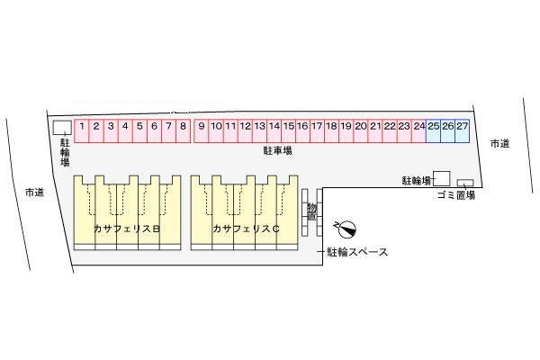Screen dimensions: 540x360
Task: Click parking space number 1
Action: coord(82,130)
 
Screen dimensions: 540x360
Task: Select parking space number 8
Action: coord(183,130)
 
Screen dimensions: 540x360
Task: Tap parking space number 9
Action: coord(201,130)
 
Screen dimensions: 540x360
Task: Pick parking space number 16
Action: coord(302,130)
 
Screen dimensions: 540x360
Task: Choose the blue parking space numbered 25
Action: coord(433,130)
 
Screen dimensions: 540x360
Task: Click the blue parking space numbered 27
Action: coord(463,130)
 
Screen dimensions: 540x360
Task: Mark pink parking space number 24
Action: coord(419,130)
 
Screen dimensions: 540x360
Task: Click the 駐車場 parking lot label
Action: coord(278,150)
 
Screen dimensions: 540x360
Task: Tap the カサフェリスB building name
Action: coord(127,229)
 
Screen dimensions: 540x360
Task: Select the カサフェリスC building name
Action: coord(246,229)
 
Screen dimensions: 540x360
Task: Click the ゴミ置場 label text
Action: coord(456,195)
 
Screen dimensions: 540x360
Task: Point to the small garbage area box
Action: coord(465,183)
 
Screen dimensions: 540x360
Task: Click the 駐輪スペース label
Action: coord(357,252)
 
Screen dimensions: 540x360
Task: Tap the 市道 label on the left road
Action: coord(34,193)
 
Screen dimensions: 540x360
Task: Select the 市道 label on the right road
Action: coord(500,144)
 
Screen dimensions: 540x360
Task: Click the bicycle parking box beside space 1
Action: coord(62,127)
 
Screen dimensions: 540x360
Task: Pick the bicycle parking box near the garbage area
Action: coord(442,178)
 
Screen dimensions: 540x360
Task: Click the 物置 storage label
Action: coord(312,212)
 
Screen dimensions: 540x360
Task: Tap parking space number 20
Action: coord(361,130)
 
